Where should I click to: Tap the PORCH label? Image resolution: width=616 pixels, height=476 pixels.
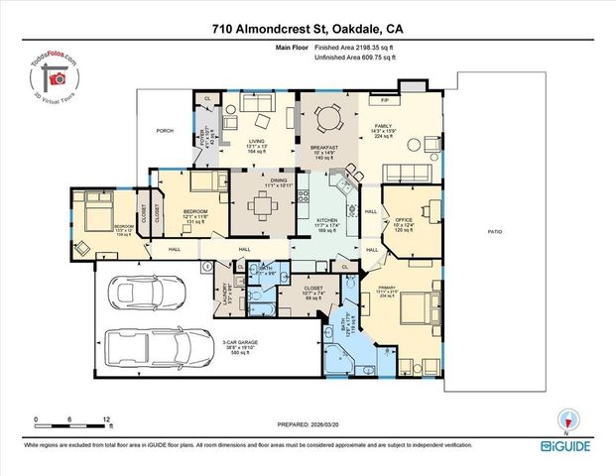tap(165, 130)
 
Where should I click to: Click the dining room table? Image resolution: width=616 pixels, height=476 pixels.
tap(263, 206)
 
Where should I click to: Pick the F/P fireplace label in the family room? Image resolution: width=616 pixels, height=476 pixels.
tap(384, 100)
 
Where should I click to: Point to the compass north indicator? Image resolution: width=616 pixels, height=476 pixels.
tap(567, 420)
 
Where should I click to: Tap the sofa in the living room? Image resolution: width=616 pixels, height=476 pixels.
tap(258, 103)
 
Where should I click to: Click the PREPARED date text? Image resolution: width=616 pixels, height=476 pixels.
tap(308, 427)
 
